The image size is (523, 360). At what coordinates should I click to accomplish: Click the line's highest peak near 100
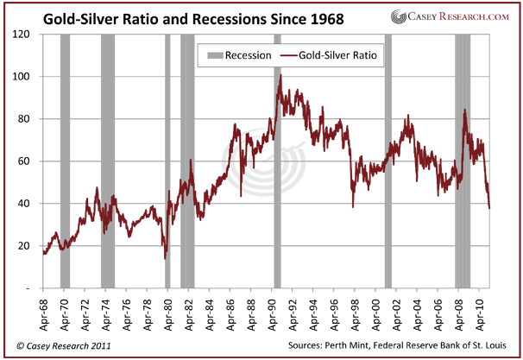(280, 76)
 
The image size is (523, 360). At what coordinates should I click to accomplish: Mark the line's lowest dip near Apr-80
(165, 257)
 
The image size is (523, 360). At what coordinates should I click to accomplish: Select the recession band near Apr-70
(65, 164)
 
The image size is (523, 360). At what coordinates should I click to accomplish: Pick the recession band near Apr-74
(108, 164)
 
